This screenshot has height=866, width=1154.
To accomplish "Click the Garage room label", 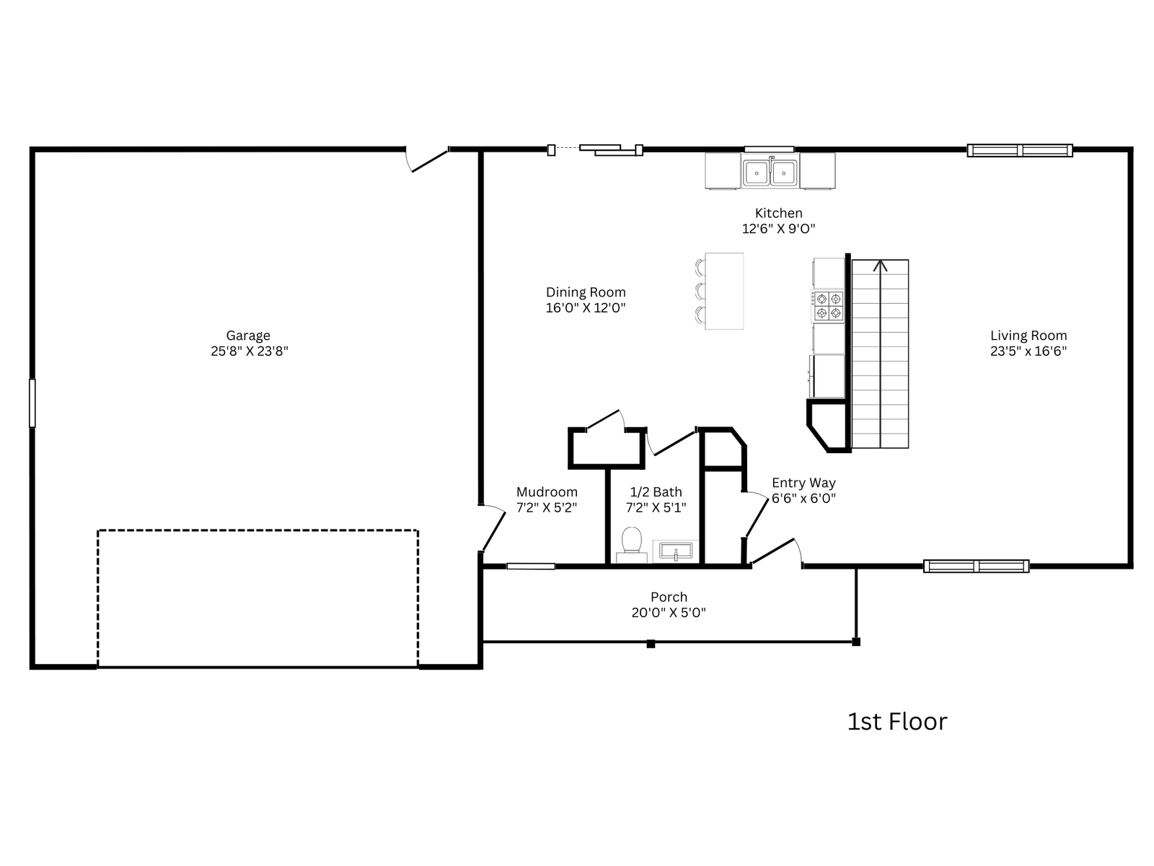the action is coord(247,335).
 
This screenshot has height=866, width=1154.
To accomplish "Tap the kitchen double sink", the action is coord(770,172).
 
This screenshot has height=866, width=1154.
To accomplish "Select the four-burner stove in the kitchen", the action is coord(828,305).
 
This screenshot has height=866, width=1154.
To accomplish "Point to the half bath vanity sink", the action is coord(676,551).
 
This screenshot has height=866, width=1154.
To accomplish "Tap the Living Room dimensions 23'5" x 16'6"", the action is coord(1028,351).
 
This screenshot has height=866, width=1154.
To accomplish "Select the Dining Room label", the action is coord(585,292).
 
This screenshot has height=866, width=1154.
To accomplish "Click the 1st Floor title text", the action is coord(897,722).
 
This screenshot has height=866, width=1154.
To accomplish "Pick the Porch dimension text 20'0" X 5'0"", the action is coord(668,613).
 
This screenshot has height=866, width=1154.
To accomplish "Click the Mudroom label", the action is coord(546,491).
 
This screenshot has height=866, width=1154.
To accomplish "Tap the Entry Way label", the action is coord(803,483).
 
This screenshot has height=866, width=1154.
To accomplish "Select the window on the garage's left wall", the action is coord(32,403).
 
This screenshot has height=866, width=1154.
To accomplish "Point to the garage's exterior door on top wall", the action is coord(426,159).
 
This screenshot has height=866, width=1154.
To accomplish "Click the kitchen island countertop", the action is coord(724,292).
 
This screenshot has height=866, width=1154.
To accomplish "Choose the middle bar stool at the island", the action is coord(700,291).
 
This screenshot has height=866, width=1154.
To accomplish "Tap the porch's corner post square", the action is coord(856,642).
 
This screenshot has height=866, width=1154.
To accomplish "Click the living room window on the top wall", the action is coord(1019,150).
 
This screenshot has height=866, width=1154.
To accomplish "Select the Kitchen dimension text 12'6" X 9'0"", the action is coord(778,229).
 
